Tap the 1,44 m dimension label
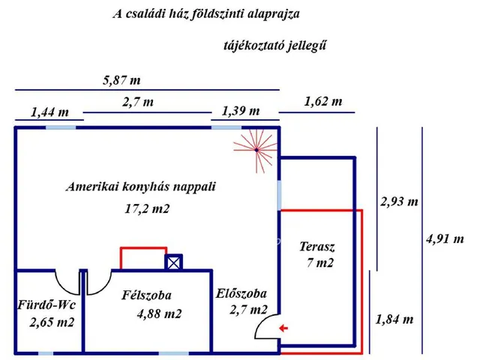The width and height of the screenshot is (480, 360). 49,112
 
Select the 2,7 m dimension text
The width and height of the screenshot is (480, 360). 139,101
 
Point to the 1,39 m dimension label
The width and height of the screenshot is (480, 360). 241,111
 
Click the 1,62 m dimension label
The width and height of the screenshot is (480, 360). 323,101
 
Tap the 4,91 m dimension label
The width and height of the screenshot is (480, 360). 444,239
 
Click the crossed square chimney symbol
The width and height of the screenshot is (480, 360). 173,262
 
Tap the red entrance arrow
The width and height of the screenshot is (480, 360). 282,328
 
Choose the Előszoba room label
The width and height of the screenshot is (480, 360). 241,294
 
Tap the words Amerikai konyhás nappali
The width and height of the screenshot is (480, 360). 140,187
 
